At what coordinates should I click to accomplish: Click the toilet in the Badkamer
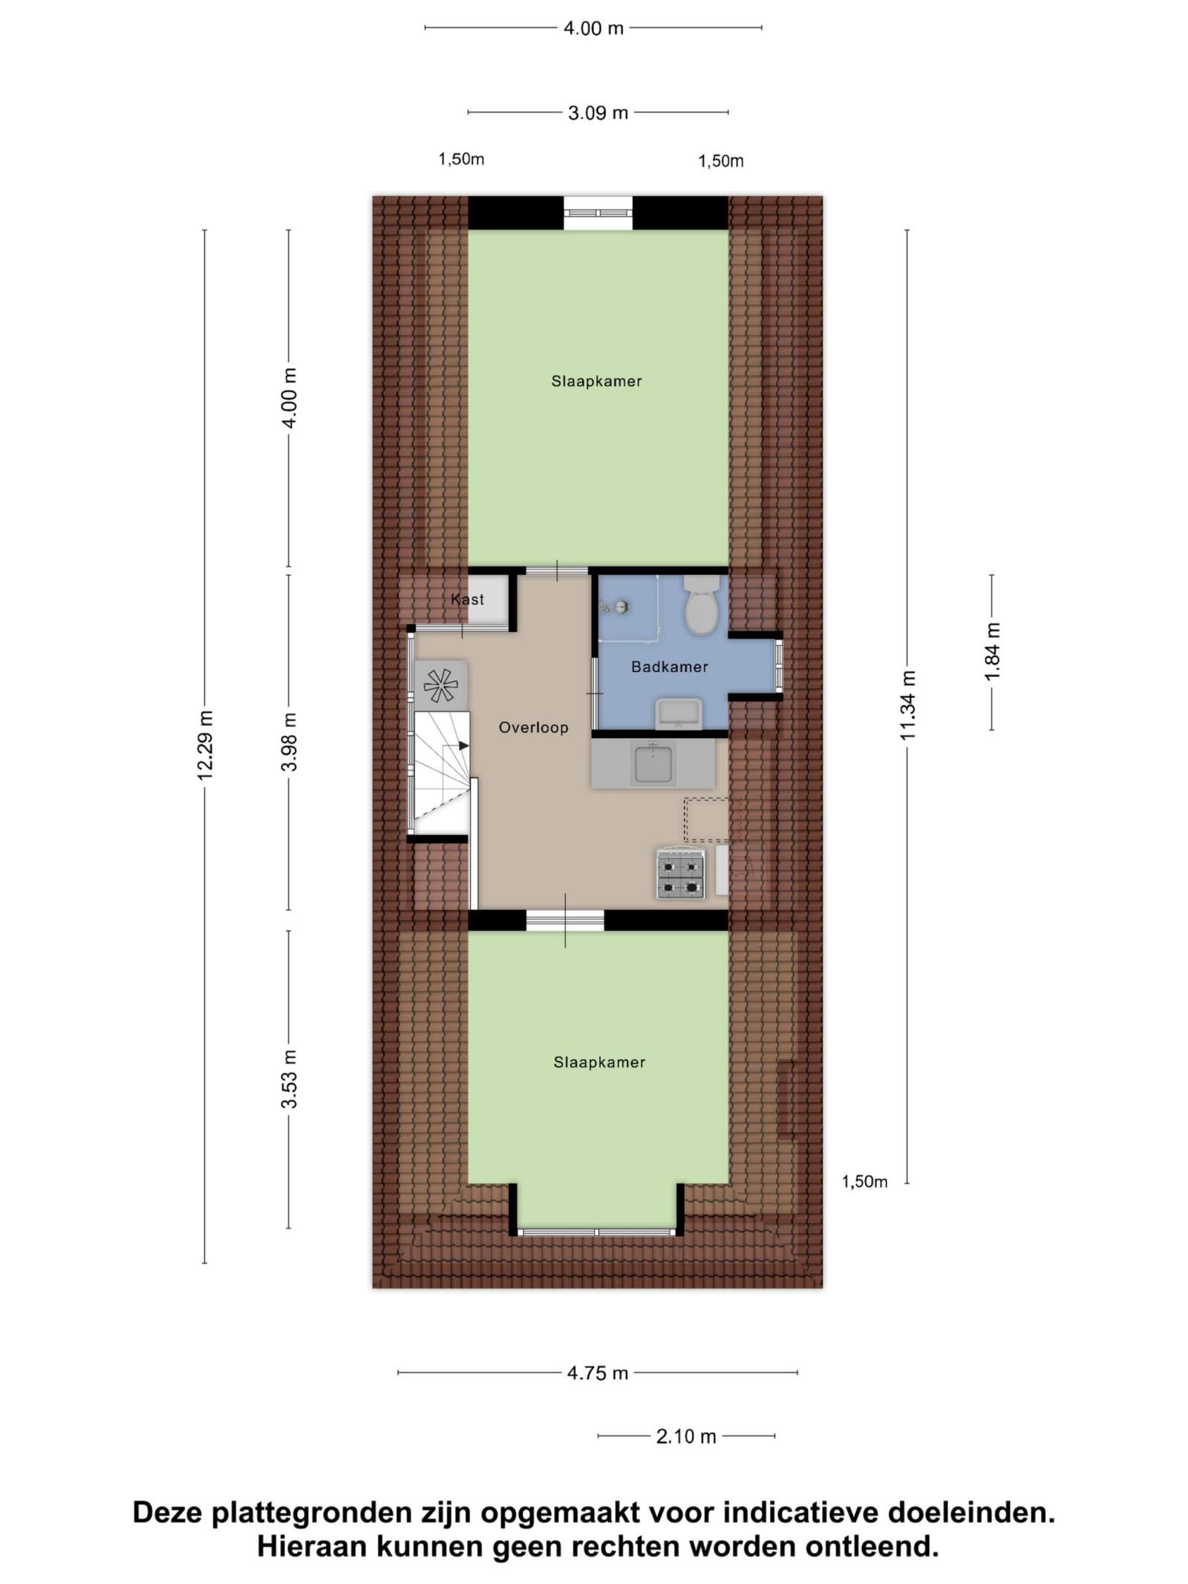tap(701, 604)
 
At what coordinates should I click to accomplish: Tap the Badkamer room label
tap(669, 667)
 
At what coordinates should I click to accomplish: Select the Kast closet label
tap(467, 599)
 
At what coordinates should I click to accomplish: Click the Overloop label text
tap(533, 728)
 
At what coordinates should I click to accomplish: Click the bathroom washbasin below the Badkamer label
tap(678, 714)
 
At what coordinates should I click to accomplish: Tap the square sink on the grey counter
tap(653, 764)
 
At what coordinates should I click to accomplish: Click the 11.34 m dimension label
tap(907, 705)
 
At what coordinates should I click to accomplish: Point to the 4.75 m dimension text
tap(598, 1373)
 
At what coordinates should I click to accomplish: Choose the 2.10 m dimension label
tap(686, 1436)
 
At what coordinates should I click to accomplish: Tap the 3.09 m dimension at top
tap(598, 113)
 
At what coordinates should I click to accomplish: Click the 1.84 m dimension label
tap(992, 651)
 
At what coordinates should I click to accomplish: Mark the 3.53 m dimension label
tap(289, 1079)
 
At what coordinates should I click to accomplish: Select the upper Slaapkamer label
tap(596, 382)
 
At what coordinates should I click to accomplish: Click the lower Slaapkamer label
tap(599, 1063)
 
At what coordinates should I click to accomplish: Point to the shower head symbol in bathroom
tap(616, 607)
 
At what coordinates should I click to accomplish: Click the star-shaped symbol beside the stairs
tap(440, 685)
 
